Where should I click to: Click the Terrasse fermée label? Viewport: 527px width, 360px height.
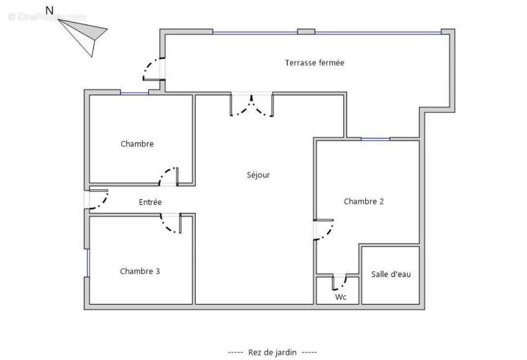(315, 62)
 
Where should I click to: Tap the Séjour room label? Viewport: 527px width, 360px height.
(258, 175)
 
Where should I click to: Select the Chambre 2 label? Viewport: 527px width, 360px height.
(364, 201)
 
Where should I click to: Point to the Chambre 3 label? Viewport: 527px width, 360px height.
(140, 271)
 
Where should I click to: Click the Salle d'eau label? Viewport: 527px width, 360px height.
(391, 274)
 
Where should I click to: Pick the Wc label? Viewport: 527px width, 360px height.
(341, 297)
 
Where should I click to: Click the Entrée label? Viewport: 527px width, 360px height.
(150, 202)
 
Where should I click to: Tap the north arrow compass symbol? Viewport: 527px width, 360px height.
(83, 37)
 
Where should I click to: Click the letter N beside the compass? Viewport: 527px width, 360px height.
(50, 10)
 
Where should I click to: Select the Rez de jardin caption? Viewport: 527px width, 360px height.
(272, 352)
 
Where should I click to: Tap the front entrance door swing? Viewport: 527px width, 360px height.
(99, 199)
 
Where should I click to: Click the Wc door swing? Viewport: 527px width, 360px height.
(339, 282)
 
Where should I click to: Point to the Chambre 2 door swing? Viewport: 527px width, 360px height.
(324, 229)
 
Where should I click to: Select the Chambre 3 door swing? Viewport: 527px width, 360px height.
(171, 223)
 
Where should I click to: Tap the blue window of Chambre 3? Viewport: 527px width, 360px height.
(88, 263)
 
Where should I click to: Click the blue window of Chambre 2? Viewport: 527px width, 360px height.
(375, 139)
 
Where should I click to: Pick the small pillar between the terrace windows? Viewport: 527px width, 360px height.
(306, 31)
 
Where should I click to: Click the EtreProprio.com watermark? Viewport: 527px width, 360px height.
(47, 17)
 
